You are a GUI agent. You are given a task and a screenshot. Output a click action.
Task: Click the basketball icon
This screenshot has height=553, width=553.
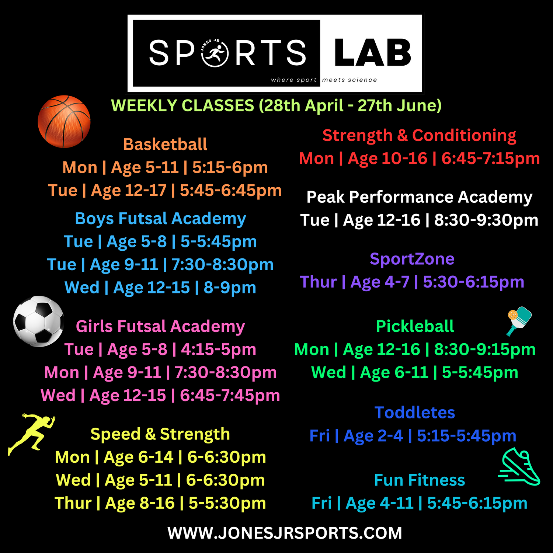tap(64, 122)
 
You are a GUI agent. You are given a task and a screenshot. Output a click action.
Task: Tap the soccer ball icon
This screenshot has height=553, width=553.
tap(38, 321)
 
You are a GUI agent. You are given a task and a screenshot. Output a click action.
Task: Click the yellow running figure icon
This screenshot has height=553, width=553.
tap(32, 434)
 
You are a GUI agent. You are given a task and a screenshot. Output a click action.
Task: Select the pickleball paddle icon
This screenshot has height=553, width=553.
tap(519, 321)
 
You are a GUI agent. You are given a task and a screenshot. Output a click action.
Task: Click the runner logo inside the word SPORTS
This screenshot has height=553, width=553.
tap(215, 53)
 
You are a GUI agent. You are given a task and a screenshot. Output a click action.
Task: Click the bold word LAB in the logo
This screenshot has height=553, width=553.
tap(373, 53)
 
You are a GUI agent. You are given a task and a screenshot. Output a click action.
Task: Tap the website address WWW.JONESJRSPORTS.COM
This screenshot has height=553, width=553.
tap(285, 533)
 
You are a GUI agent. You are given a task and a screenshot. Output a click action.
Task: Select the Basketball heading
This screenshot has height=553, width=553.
tap(165, 144)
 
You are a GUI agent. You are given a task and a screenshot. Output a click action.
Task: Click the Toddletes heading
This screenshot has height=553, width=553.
tap(415, 413)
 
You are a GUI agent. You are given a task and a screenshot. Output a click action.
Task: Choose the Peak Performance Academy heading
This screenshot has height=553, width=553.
tap(420, 197)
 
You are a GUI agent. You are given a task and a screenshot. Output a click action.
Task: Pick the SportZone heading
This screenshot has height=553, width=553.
tap(412, 259)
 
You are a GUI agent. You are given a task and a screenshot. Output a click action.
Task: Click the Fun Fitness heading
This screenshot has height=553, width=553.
tap(420, 480)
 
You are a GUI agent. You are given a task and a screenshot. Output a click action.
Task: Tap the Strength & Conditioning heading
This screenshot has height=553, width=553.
tap(420, 136)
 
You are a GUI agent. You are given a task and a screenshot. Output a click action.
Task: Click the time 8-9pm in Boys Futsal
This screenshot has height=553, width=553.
tap(230, 288)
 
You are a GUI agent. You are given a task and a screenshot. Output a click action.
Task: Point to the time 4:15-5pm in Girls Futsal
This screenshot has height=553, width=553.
tap(219, 349)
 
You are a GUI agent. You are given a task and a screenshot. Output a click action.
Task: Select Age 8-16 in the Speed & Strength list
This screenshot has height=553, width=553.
tap(140, 503)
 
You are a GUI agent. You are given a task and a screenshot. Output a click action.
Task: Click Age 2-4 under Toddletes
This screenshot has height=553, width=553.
tap(373, 436)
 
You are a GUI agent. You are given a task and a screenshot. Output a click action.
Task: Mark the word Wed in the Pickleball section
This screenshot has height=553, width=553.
tap(329, 372)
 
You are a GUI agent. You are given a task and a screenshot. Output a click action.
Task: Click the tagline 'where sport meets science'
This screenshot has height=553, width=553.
tap(324, 80)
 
